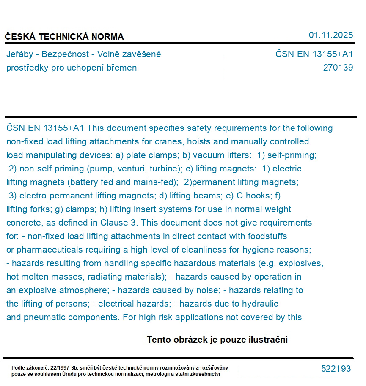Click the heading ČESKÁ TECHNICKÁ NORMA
64,37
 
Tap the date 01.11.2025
331,35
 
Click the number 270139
338,68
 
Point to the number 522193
336,369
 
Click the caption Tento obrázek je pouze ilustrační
217,340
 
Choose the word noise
204,290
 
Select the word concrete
24,223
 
